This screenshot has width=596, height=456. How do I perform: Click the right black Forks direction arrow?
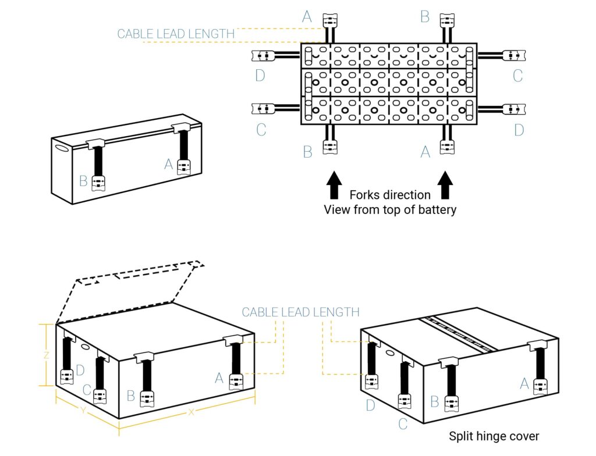click(x=445, y=185)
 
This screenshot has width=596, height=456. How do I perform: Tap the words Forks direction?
click(x=390, y=195)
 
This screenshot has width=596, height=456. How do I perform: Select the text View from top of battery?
click(x=390, y=209)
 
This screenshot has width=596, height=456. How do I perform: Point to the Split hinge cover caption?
click(x=494, y=436)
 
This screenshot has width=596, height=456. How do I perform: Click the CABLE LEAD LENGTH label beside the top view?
click(x=176, y=34)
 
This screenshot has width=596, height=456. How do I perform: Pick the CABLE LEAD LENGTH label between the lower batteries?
click(x=300, y=312)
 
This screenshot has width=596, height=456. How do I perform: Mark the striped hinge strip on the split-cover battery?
click(x=457, y=334)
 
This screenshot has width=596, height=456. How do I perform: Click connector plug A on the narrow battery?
click(x=184, y=168)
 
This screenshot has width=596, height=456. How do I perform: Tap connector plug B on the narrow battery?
click(x=97, y=181)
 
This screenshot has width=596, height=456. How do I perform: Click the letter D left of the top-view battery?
click(x=261, y=76)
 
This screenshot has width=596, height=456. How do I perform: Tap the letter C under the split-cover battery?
click(x=403, y=424)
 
